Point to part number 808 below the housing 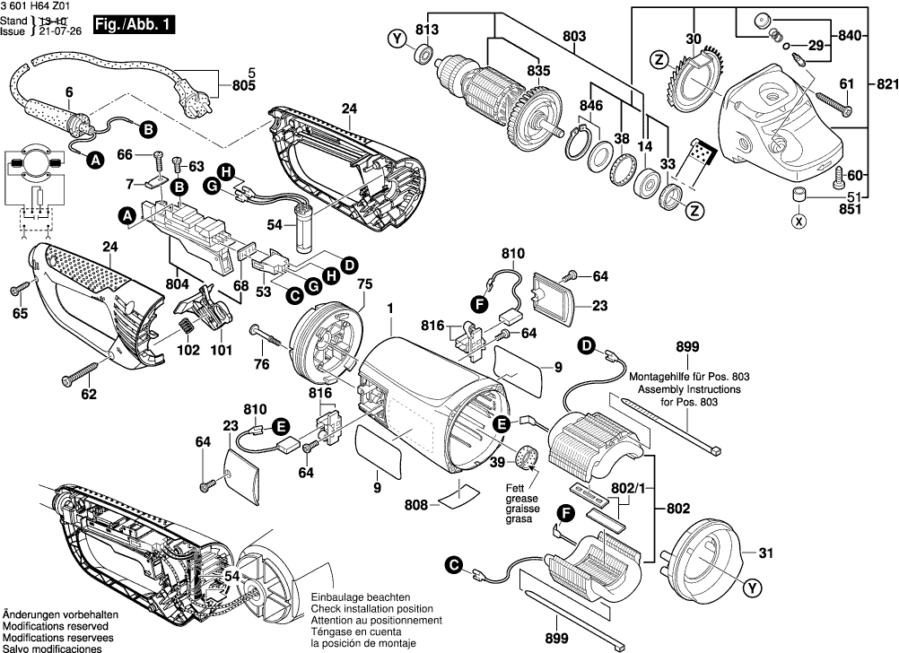416,506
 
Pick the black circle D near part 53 350,264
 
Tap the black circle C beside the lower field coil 455,564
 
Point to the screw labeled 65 19,289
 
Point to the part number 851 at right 849,210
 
